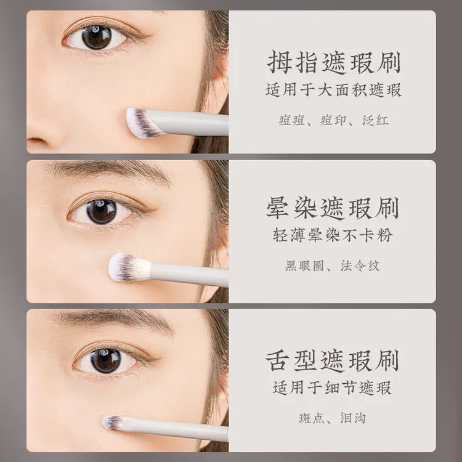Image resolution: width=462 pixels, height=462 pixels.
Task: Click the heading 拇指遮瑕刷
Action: coord(333,62)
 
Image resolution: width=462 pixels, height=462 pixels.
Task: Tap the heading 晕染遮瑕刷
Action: coord(333,208)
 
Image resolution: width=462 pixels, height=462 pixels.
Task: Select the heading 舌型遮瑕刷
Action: coord(332,360)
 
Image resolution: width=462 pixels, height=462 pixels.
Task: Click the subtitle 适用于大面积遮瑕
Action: coord(333,89)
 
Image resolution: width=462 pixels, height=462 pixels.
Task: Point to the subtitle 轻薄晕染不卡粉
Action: coord(333,235)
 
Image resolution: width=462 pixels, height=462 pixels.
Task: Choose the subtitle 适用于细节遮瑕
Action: coord(332,387)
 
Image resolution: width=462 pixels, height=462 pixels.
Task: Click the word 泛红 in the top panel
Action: coord(375,120)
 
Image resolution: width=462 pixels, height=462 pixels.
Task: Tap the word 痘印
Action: coord(333,120)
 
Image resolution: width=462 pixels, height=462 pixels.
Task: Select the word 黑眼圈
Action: coord(304,265)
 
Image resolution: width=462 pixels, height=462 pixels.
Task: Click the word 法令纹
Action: coord(360,265)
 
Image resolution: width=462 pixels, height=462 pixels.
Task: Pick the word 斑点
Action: coord(312,418)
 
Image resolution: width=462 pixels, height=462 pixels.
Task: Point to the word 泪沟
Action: coord(353,418)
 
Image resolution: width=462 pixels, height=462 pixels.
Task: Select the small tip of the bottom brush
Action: coord(112,423)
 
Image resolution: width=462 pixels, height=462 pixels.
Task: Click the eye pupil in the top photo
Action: coord(96,37)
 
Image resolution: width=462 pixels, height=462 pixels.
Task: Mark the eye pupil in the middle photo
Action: coord(102,211)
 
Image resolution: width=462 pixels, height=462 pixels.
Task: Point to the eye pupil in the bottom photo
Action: coord(106,360)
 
